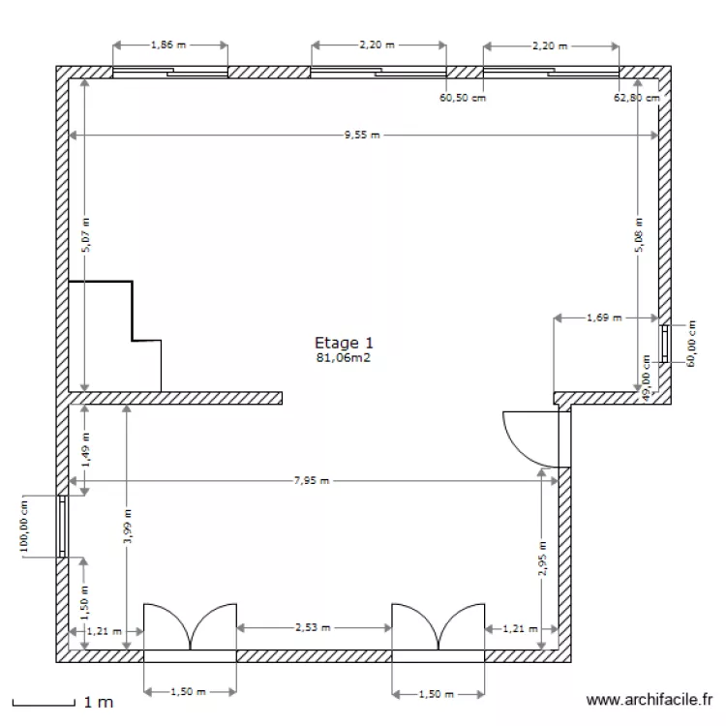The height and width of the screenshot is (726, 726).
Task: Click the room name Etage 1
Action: tap(344, 343)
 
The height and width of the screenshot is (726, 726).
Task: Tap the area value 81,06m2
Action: tap(344, 357)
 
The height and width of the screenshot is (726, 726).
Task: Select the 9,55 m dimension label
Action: tap(362, 136)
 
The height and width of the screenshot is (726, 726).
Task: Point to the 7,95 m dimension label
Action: tap(311, 480)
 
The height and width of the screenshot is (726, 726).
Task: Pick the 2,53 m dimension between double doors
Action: tap(313, 627)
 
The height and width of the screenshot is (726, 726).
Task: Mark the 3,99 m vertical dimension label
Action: tap(128, 527)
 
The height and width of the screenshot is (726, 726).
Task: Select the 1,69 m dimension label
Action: tap(605, 317)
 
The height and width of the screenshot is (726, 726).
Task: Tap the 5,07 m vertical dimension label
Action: tap(85, 232)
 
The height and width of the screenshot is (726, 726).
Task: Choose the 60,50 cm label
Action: tap(463, 98)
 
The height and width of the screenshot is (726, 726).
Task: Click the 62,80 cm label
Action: tap(637, 98)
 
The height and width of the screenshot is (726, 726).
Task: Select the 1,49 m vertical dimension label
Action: tap(85, 450)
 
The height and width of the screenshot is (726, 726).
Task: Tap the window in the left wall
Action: tap(62, 528)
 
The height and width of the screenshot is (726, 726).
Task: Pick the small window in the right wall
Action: tap(665, 344)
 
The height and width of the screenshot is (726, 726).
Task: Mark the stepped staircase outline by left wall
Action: tap(115, 335)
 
